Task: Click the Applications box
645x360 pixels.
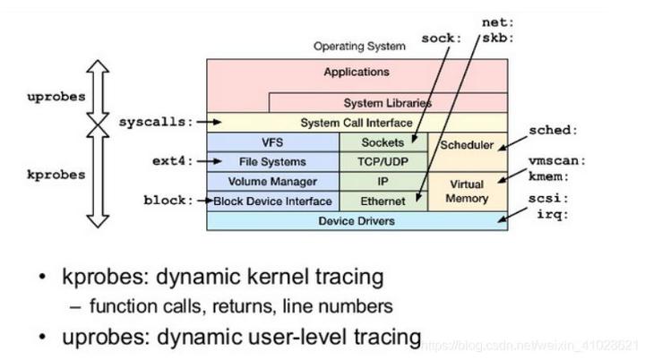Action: click(x=357, y=72)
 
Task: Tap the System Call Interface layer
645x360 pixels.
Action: click(x=357, y=123)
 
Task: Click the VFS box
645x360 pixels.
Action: click(x=272, y=141)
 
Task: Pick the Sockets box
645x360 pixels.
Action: click(x=383, y=141)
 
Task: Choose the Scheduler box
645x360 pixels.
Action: click(x=466, y=145)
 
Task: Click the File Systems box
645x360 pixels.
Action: click(x=272, y=162)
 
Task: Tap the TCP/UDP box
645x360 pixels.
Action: click(x=383, y=162)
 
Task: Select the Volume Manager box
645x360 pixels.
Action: click(x=272, y=182)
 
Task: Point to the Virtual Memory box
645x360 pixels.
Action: click(x=466, y=191)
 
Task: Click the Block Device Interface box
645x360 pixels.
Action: click(x=272, y=201)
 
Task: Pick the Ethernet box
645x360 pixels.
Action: click(x=383, y=201)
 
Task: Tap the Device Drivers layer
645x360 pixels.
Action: click(x=357, y=220)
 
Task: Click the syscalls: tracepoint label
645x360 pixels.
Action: click(x=155, y=121)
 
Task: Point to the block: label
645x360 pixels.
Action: click(x=168, y=201)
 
